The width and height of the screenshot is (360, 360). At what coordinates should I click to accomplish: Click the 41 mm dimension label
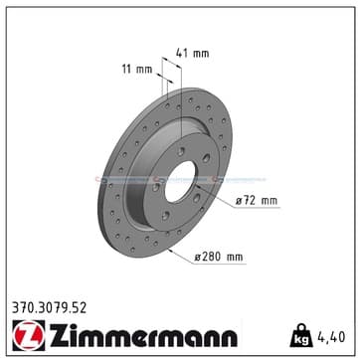(x=193, y=53)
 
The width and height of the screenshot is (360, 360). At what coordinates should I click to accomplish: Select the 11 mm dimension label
(x=137, y=70)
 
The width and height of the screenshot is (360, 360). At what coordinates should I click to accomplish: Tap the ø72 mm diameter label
(x=257, y=201)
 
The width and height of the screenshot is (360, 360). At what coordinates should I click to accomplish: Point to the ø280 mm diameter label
(x=219, y=257)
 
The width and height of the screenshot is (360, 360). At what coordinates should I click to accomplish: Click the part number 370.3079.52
(x=50, y=308)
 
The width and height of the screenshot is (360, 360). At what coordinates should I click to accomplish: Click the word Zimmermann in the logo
(x=143, y=335)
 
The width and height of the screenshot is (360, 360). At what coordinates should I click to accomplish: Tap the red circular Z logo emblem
(x=29, y=335)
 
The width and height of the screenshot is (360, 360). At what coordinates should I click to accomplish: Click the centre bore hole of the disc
(x=181, y=182)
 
